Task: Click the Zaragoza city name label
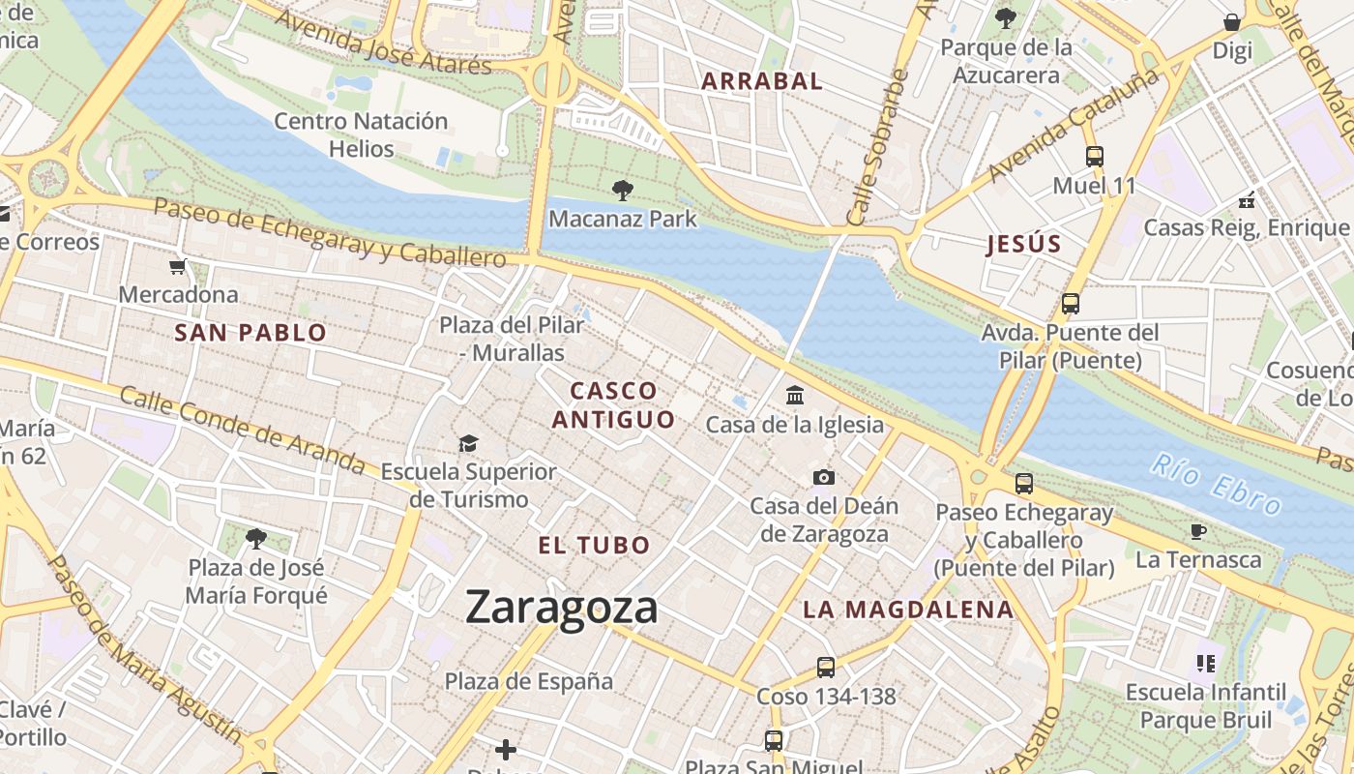(561, 608)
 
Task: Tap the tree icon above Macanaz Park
(622, 191)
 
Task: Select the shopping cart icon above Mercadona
(177, 266)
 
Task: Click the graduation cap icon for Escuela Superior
(468, 443)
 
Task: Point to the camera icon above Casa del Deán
(824, 477)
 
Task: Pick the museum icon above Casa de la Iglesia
(795, 395)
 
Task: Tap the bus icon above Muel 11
(1094, 156)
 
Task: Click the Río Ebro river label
(1216, 485)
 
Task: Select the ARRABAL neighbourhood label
(762, 81)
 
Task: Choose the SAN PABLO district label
(250, 333)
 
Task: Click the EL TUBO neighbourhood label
(594, 546)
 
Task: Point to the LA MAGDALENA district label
(908, 610)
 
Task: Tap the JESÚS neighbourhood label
(1024, 245)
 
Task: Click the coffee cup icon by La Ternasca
(1198, 531)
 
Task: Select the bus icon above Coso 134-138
(825, 667)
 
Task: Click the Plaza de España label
(528, 681)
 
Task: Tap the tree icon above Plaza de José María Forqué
(256, 538)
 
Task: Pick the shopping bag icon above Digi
(1232, 21)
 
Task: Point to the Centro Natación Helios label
(361, 134)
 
